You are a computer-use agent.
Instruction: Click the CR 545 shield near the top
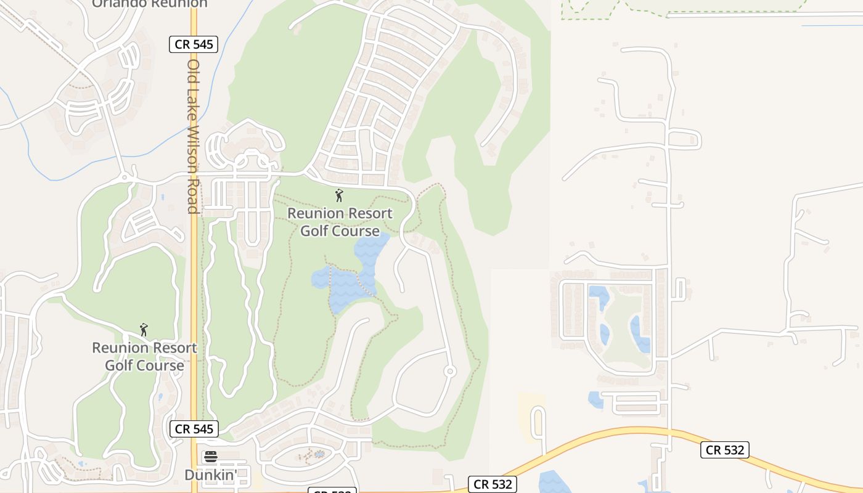pos(194,44)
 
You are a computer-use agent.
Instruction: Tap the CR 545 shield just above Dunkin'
pos(194,429)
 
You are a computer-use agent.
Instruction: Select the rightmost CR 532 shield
pos(725,450)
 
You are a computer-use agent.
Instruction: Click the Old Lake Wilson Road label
pos(194,136)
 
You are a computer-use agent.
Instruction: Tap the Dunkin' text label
pos(211,475)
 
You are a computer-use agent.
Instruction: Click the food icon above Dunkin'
pos(211,457)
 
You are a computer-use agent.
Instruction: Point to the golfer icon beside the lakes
pos(338,196)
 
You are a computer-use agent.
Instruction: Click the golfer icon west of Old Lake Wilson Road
pos(144,330)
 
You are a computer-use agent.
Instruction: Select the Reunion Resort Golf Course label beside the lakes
pos(340,222)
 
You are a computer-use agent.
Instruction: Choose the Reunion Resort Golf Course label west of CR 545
pos(144,357)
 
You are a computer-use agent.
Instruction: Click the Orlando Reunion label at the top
pos(150,4)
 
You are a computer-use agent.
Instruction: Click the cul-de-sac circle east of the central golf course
pos(450,371)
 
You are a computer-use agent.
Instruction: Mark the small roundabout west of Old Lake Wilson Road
pos(125,177)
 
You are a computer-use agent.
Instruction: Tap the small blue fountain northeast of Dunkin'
pos(319,455)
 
